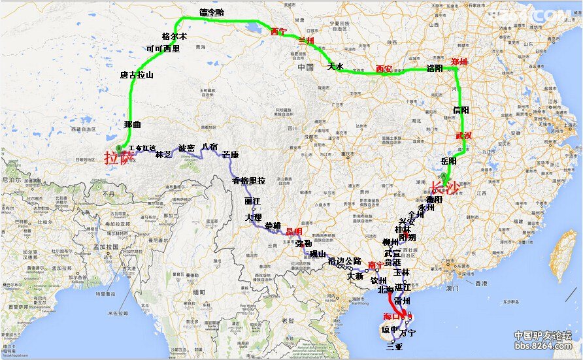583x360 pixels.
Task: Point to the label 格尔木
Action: (x=174, y=37)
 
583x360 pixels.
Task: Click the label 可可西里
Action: (x=163, y=48)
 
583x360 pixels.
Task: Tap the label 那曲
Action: (x=132, y=123)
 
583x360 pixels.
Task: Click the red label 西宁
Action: (x=278, y=31)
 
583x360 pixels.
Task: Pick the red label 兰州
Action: (x=306, y=41)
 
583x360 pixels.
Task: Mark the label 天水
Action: (x=335, y=66)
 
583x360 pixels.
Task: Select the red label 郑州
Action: (x=459, y=62)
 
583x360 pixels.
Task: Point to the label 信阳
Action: (x=461, y=110)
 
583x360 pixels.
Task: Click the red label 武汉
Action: (x=463, y=136)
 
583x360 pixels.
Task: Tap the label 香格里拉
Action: (x=249, y=180)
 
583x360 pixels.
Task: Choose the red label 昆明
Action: (x=293, y=231)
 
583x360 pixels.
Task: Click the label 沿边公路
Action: (x=344, y=261)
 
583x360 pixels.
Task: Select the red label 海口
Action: (x=391, y=316)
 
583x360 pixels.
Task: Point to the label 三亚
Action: (x=395, y=347)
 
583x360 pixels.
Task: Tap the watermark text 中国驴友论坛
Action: (x=542, y=336)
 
